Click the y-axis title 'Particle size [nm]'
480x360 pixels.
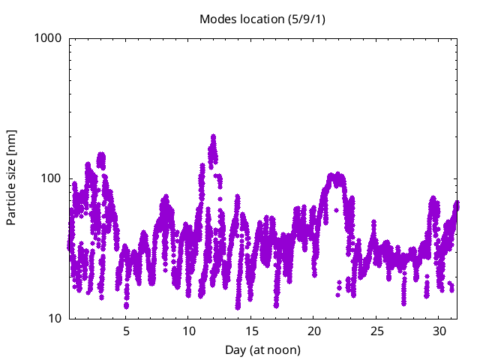point(11,178)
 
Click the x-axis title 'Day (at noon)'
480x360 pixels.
point(262,349)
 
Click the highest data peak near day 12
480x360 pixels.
point(214,137)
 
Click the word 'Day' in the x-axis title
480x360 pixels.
point(235,349)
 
